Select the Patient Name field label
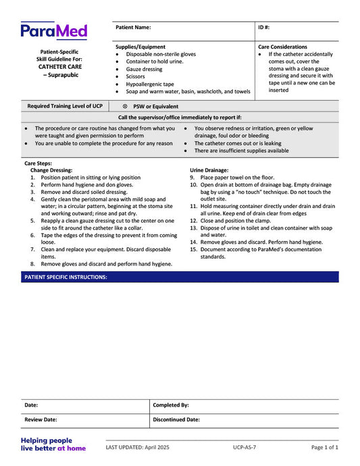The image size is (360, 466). tap(133, 28)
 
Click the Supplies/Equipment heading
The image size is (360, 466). tap(140, 47)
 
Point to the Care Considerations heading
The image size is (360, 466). tap(282, 47)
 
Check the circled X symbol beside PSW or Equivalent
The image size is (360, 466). tap(125, 106)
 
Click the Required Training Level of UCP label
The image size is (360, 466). tap(65, 106)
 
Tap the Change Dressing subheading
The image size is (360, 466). tap(51, 170)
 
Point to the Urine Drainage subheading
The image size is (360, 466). tap(209, 170)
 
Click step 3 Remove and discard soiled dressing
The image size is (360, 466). tap(84, 192)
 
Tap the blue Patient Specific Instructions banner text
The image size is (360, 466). tap(66, 277)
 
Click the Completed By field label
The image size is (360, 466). tap(171, 405)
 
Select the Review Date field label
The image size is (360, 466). tap(41, 419)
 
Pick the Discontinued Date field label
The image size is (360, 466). tap(176, 419)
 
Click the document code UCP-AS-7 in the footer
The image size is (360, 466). tap(245, 447)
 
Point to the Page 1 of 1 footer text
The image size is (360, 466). tap(324, 447)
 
